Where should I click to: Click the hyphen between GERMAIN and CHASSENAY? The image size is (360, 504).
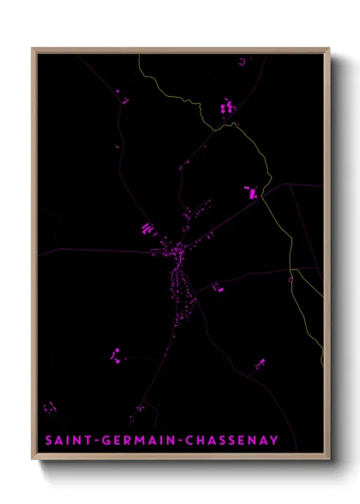click(x=175, y=441)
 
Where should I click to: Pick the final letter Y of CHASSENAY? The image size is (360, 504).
click(x=274, y=441)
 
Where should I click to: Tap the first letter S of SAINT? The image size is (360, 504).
click(x=49, y=441)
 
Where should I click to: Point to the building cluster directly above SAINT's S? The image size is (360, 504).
click(x=50, y=406)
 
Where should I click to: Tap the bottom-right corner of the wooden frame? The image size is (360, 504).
click(x=329, y=460)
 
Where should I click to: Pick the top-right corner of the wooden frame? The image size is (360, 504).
click(x=329, y=49)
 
